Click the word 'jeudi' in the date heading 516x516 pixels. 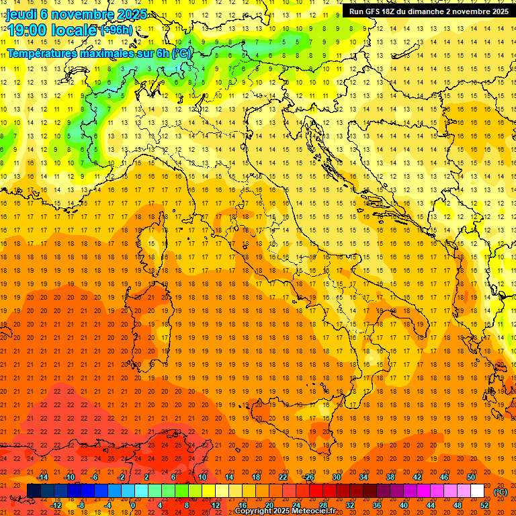(x=22, y=14)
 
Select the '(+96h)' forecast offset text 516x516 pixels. (x=116, y=30)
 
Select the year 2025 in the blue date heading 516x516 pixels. (x=135, y=14)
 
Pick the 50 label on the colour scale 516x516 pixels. (x=471, y=477)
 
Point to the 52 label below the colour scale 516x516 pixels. (x=484, y=505)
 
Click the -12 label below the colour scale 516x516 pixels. (x=56, y=505)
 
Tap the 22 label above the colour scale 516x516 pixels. (x=283, y=477)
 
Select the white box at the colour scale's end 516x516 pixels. (x=478, y=491)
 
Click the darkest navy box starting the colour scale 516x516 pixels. (x=34, y=491)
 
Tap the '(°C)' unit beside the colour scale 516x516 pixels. (x=501, y=492)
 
